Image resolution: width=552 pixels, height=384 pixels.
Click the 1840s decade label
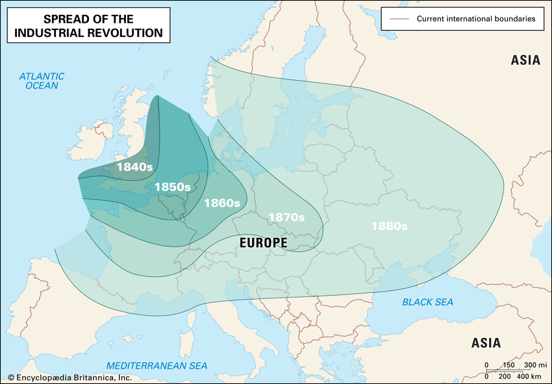coord(134,166)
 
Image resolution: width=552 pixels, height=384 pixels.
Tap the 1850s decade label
coord(172,187)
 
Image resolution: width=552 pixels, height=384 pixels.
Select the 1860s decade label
coord(222,203)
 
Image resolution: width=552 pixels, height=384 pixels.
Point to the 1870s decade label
coord(286,217)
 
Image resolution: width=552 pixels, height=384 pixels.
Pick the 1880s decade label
coord(389,226)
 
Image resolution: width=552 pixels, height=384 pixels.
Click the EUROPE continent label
coord(263,243)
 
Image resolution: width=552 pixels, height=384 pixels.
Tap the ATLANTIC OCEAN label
coord(42,81)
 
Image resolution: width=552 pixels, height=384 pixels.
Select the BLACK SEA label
coord(427,302)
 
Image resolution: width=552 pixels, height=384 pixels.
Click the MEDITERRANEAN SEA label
coord(157,366)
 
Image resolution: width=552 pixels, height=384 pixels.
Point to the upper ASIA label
coord(525,60)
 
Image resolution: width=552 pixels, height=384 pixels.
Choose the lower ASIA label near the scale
coord(486,343)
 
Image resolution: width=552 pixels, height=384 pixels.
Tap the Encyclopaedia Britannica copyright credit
coord(69,378)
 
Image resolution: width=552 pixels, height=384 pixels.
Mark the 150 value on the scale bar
coord(508,365)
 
